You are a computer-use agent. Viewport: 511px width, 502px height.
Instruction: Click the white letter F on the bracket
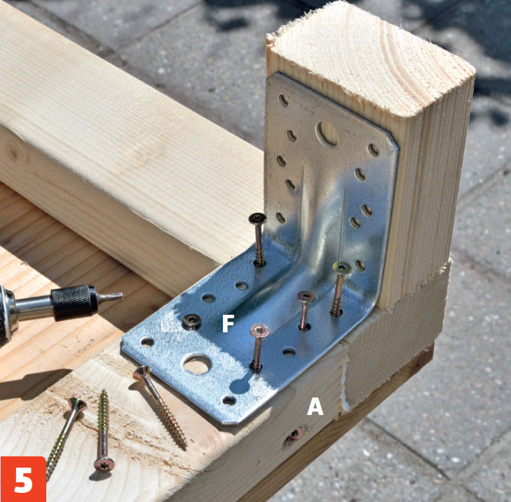tap(228, 324)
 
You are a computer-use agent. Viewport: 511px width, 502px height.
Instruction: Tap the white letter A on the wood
tap(315, 407)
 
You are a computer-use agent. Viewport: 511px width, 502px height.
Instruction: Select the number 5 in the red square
tap(23, 480)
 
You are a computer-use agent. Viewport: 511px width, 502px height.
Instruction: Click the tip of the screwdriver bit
tap(121, 295)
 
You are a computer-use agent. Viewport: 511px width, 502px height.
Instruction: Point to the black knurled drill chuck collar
tap(74, 302)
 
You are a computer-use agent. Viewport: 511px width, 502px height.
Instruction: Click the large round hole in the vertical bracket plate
tap(327, 133)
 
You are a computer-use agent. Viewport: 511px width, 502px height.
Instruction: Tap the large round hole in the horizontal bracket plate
tap(196, 364)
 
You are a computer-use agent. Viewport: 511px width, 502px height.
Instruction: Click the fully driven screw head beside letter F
tap(191, 321)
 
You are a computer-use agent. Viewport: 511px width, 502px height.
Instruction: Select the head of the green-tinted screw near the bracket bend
tap(342, 268)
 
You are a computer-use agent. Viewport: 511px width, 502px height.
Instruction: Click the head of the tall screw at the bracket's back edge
tap(257, 218)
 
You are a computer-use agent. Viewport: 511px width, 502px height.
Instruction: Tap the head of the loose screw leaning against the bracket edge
tap(142, 372)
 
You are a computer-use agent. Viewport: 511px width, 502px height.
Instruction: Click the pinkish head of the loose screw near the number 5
tap(104, 465)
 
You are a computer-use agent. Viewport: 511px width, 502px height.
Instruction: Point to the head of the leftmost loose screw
tap(77, 405)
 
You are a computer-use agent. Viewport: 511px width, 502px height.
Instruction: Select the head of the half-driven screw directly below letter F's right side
tap(260, 330)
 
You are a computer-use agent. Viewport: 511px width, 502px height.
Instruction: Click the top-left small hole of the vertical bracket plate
tap(283, 100)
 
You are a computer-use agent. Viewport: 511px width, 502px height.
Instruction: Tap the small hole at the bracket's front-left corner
tap(147, 342)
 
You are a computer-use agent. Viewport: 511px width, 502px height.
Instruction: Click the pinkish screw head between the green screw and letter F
tap(306, 297)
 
